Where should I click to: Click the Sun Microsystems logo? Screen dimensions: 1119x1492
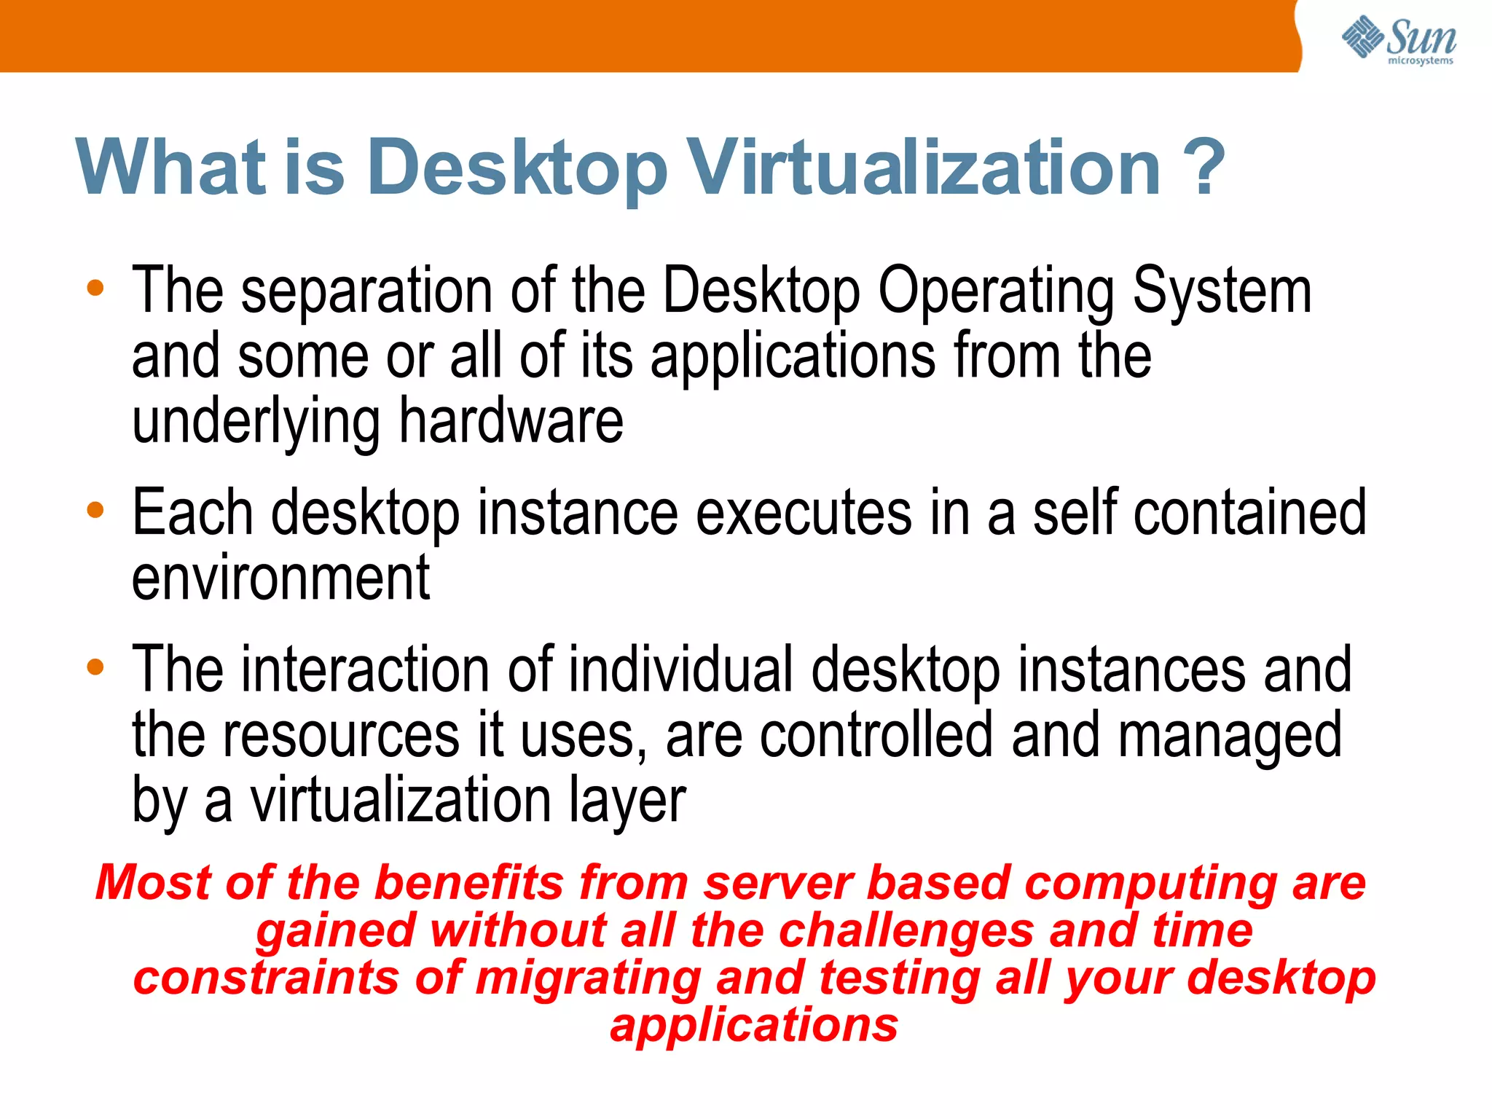(x=1399, y=40)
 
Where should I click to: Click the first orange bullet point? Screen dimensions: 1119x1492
(x=95, y=288)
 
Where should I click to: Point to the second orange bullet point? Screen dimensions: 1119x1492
(x=95, y=510)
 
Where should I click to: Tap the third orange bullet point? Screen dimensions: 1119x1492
(x=95, y=667)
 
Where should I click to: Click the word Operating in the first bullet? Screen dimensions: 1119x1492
(x=995, y=291)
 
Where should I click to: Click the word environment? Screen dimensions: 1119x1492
(x=280, y=578)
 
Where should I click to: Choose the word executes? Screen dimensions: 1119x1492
(x=804, y=513)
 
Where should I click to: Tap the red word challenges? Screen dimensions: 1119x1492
(x=906, y=931)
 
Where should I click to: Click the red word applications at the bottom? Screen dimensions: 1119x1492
(x=754, y=1026)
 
